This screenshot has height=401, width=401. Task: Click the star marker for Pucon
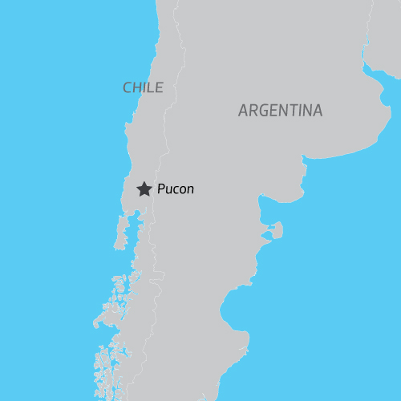click(144, 189)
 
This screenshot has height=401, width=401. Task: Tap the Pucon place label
click(176, 190)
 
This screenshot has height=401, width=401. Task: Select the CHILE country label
click(143, 87)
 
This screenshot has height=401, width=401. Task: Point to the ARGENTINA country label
click(280, 111)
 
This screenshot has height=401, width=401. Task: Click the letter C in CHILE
click(127, 87)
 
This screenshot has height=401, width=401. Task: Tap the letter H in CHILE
click(136, 87)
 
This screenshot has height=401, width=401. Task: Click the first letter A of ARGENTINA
click(243, 111)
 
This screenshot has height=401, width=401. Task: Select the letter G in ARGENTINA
click(264, 111)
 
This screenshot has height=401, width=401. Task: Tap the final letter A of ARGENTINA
click(318, 111)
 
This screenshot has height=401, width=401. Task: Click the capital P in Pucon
click(161, 190)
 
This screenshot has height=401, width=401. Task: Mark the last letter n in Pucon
click(190, 191)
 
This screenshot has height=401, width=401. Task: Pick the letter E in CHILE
click(159, 87)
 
